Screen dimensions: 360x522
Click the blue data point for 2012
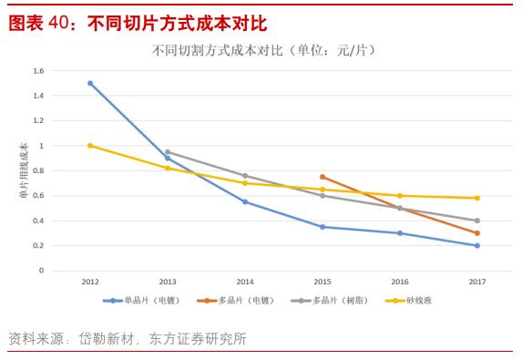[x=90, y=83]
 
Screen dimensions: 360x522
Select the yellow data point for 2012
[x=90, y=146]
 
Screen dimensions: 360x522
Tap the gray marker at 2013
[x=168, y=152]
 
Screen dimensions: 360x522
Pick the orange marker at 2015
[x=322, y=177]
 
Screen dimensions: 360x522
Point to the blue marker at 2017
[x=477, y=245]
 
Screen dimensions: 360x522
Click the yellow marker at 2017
[x=477, y=198]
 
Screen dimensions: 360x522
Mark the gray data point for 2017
[x=477, y=221]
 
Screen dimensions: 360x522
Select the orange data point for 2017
[x=477, y=233]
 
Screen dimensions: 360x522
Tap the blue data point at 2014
[x=245, y=201]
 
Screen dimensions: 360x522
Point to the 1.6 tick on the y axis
[x=37, y=71]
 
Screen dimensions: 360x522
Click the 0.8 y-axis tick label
[x=37, y=170]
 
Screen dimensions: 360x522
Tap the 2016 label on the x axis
[x=400, y=283]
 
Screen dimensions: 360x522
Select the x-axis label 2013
[x=168, y=283]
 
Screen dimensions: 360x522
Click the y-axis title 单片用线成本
[x=25, y=171]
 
